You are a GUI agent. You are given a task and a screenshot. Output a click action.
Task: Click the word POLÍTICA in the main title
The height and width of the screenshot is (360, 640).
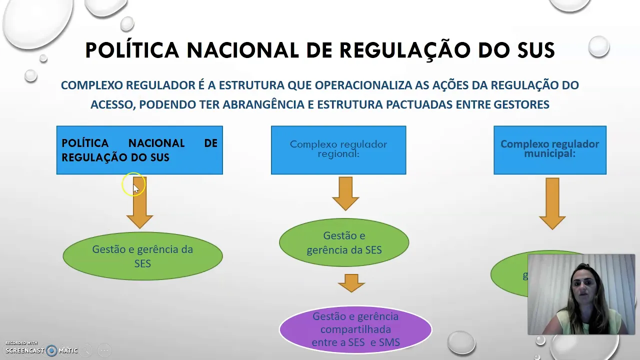pyautogui.click(x=132, y=50)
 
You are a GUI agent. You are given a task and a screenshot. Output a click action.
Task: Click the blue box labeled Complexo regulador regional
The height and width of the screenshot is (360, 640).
pyautogui.click(x=338, y=150)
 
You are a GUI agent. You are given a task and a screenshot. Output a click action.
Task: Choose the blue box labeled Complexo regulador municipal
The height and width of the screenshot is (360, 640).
pyautogui.click(x=549, y=150)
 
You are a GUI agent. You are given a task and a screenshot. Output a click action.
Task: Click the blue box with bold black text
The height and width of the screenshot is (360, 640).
pyautogui.click(x=139, y=150)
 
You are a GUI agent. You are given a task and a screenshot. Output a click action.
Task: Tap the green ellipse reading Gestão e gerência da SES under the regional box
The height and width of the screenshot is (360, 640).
pyautogui.click(x=344, y=242)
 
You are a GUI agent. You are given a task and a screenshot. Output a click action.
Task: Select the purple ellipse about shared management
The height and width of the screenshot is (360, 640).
pyautogui.click(x=355, y=329)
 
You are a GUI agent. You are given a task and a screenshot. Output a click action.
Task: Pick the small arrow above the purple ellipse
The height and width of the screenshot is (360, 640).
pyautogui.click(x=351, y=283)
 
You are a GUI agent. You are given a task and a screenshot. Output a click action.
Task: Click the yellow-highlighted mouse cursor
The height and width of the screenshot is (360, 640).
pyautogui.click(x=133, y=185)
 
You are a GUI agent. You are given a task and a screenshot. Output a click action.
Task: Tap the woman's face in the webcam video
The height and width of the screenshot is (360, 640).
pyautogui.click(x=581, y=285)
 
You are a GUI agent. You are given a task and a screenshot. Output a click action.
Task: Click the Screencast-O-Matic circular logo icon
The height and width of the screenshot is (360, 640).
pyautogui.click(x=51, y=350)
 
